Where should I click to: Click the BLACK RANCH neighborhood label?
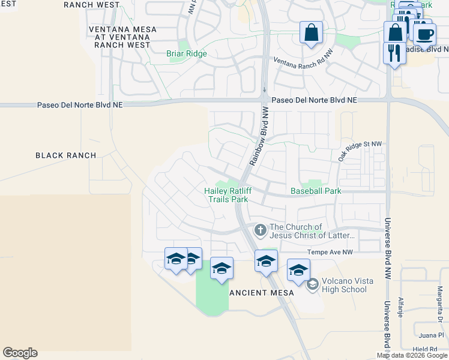[x=65, y=155]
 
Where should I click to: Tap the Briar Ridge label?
[x=186, y=53]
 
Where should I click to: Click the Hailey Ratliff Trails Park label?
[x=228, y=195]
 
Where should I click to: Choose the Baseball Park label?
[x=316, y=191]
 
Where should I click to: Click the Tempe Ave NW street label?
[x=330, y=253]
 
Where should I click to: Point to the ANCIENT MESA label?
[x=262, y=292]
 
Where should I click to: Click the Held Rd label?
[x=425, y=349]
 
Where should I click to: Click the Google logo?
[x=20, y=353]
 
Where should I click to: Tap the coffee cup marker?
[x=425, y=34]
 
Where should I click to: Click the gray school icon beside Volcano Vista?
[x=312, y=284]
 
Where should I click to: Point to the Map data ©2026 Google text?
[x=412, y=355]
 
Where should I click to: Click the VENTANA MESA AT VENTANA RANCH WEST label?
[x=122, y=37]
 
